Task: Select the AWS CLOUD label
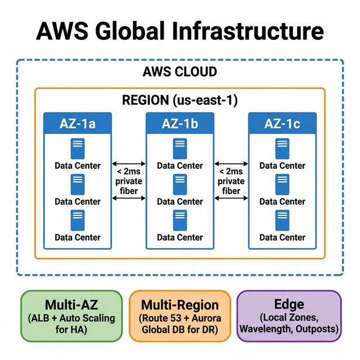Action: tap(180, 72)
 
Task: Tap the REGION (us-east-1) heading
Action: tap(179, 100)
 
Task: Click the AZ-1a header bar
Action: tap(78, 123)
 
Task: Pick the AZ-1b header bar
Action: tap(180, 123)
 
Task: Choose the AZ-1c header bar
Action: tap(282, 123)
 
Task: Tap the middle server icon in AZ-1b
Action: tap(180, 184)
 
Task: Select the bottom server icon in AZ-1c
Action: tap(282, 220)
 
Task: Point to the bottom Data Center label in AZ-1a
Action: tap(78, 237)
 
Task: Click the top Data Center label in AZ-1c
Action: tap(282, 165)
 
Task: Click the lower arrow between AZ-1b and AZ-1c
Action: tap(231, 197)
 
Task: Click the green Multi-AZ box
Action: tap(71, 316)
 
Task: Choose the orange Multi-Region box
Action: tap(179, 316)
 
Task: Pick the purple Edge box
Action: tap(289, 316)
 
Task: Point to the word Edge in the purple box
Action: tap(289, 304)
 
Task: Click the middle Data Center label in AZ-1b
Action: tap(180, 201)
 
